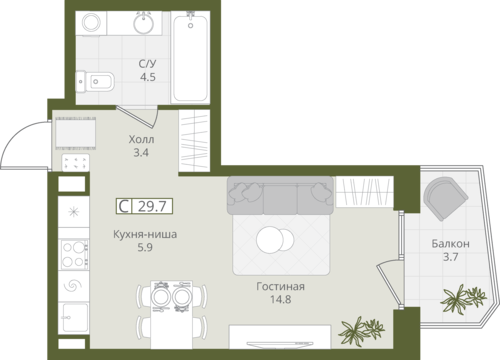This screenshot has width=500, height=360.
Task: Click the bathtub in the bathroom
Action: [190, 57]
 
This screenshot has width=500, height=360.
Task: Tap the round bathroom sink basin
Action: [144, 23]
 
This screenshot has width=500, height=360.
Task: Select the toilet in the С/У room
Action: [95, 81]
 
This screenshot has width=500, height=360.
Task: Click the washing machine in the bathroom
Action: [91, 23]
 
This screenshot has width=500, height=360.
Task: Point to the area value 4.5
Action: [148, 77]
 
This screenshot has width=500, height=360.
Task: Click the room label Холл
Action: [141, 139]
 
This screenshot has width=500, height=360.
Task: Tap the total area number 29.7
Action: [152, 206]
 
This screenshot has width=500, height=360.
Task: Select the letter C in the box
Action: [124, 206]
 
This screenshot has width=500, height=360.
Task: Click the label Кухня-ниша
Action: [145, 234]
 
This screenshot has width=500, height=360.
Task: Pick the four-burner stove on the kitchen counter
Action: [74, 254]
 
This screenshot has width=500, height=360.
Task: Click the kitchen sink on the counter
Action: [75, 317]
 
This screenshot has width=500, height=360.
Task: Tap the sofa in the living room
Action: [280, 195]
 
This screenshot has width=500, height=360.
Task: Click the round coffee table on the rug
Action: [275, 240]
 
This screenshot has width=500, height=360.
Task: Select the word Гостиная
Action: [280, 286]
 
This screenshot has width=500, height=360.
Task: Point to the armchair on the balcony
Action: [445, 199]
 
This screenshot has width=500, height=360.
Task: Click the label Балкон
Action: [450, 244]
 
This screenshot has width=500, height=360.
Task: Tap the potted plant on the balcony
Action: [463, 298]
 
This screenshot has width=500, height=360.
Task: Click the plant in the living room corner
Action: [361, 330]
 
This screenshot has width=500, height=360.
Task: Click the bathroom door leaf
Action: [135, 117]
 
